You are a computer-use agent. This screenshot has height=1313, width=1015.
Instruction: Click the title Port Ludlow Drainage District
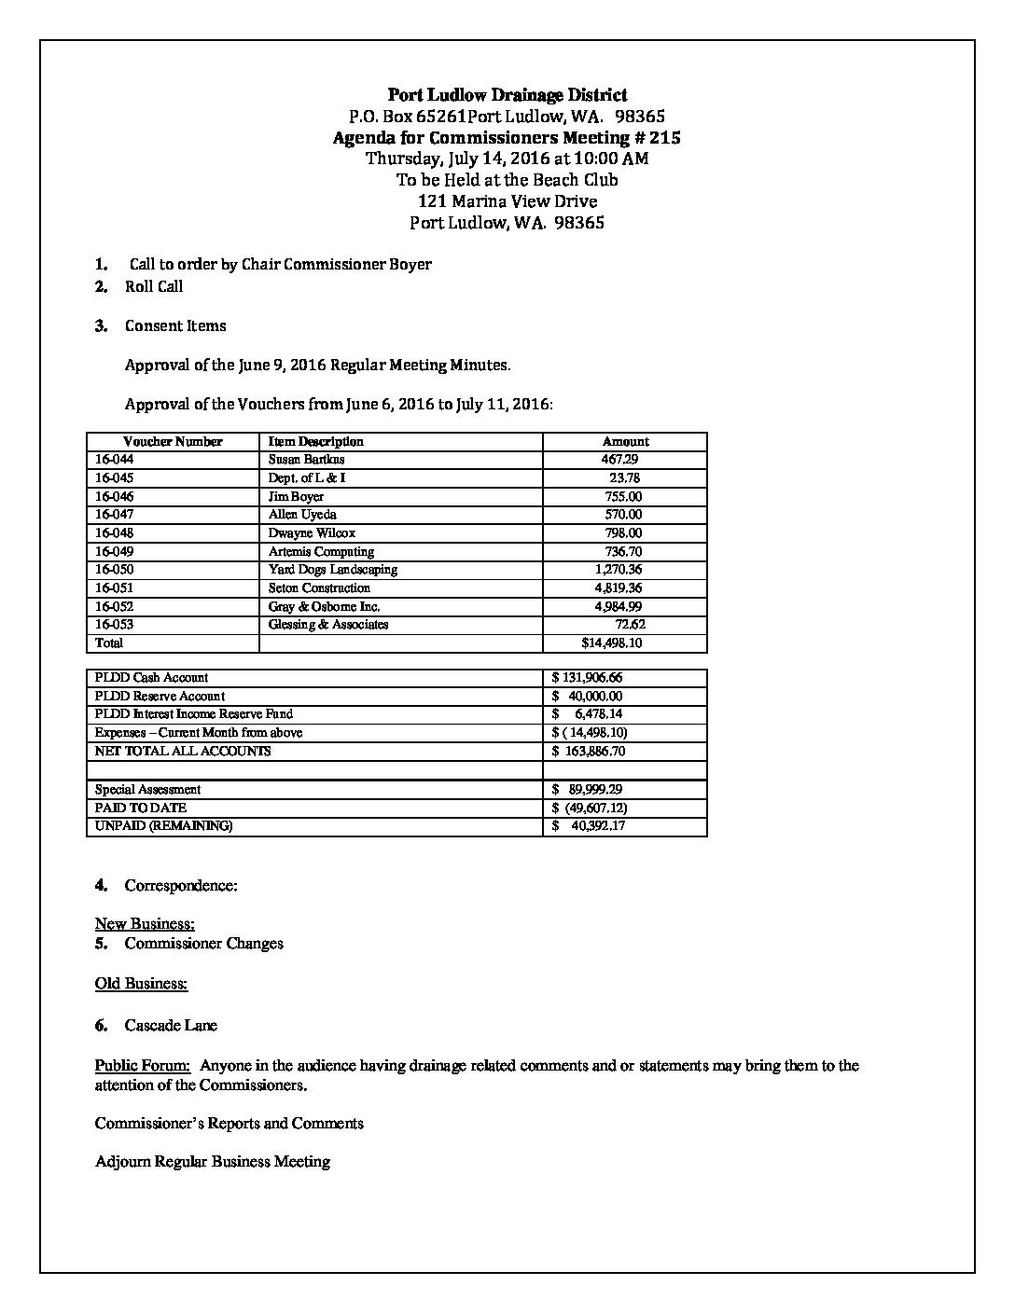[x=507, y=95]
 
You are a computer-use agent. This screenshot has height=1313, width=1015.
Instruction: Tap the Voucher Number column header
[x=173, y=442]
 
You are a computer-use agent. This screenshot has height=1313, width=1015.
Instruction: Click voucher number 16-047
[x=114, y=515]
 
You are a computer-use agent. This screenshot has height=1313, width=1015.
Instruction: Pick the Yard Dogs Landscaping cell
[x=332, y=570]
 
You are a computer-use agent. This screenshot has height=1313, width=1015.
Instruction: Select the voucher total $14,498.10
[x=611, y=643]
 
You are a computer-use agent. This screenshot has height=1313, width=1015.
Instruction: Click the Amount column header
[x=625, y=442]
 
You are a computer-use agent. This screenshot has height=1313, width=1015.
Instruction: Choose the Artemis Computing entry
[x=321, y=552]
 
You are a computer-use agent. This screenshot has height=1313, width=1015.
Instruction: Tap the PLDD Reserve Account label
[x=160, y=697]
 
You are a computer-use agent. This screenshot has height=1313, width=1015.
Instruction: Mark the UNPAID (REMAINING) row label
[x=163, y=826]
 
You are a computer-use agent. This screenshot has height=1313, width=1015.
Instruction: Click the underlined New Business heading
[x=145, y=924]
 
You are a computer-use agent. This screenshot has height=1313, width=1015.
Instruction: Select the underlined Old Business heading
[x=141, y=984]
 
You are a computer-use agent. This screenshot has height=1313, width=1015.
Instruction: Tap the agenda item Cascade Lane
[x=171, y=1026]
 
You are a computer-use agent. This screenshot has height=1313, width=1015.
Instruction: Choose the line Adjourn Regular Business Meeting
[x=213, y=1162]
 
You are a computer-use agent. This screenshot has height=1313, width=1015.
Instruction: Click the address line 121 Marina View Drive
[x=507, y=201]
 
